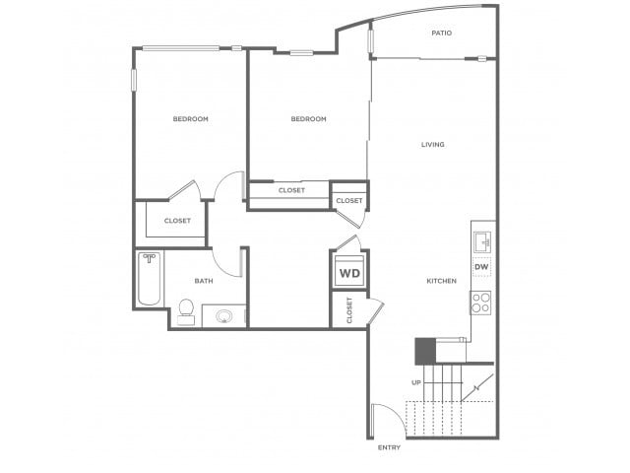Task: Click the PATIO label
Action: tap(442, 33)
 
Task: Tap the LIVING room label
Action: tap(433, 145)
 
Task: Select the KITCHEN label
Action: tap(442, 281)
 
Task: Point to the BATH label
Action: tap(204, 281)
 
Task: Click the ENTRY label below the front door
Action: tap(389, 447)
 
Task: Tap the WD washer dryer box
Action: tap(350, 272)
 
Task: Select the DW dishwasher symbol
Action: tap(481, 267)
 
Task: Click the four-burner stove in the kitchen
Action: tap(481, 303)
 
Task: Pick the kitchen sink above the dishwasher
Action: tap(481, 242)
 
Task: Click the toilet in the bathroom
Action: tap(186, 311)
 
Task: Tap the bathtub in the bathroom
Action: tap(150, 278)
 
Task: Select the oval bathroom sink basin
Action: tap(223, 316)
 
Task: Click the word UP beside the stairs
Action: tap(416, 382)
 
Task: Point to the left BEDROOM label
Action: tap(190, 119)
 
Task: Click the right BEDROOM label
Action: tap(308, 119)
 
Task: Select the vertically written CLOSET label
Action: tap(349, 310)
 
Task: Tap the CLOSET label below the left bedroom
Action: tap(177, 221)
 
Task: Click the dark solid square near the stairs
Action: tap(425, 351)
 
